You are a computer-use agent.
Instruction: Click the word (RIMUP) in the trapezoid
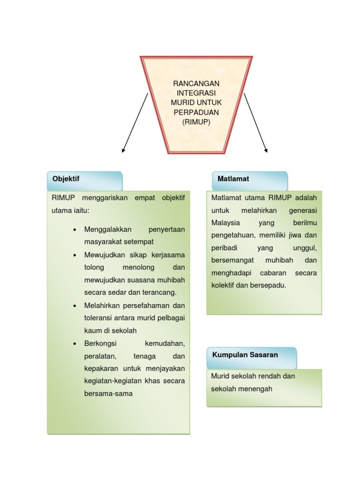click(196, 122)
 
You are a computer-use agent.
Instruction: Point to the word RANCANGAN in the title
click(196, 83)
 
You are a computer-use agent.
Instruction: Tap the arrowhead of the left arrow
click(123, 151)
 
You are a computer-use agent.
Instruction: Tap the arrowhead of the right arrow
click(266, 151)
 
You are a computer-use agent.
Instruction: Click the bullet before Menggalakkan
click(75, 230)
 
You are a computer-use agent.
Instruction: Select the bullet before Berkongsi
click(75, 344)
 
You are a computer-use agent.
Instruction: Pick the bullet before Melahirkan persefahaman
click(75, 306)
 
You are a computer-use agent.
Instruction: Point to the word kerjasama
click(168, 255)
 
